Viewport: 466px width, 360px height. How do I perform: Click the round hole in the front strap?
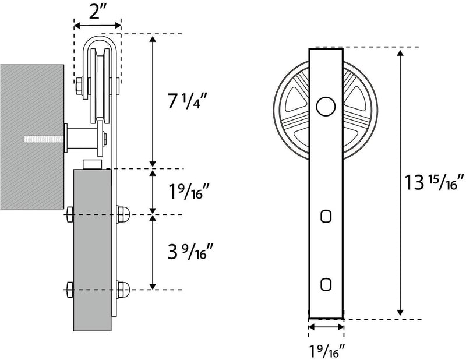coord(326,106)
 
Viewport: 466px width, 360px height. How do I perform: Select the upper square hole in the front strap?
coord(326,216)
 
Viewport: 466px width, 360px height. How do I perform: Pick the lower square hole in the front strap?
coord(326,283)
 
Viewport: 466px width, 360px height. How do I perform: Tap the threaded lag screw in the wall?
coord(44,139)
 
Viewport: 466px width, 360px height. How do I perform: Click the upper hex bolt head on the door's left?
coord(69,214)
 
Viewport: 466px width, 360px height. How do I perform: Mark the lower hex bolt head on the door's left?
coord(69,288)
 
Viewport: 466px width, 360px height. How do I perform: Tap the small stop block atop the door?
coord(93,164)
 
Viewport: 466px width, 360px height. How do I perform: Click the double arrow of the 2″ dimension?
coord(97,25)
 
